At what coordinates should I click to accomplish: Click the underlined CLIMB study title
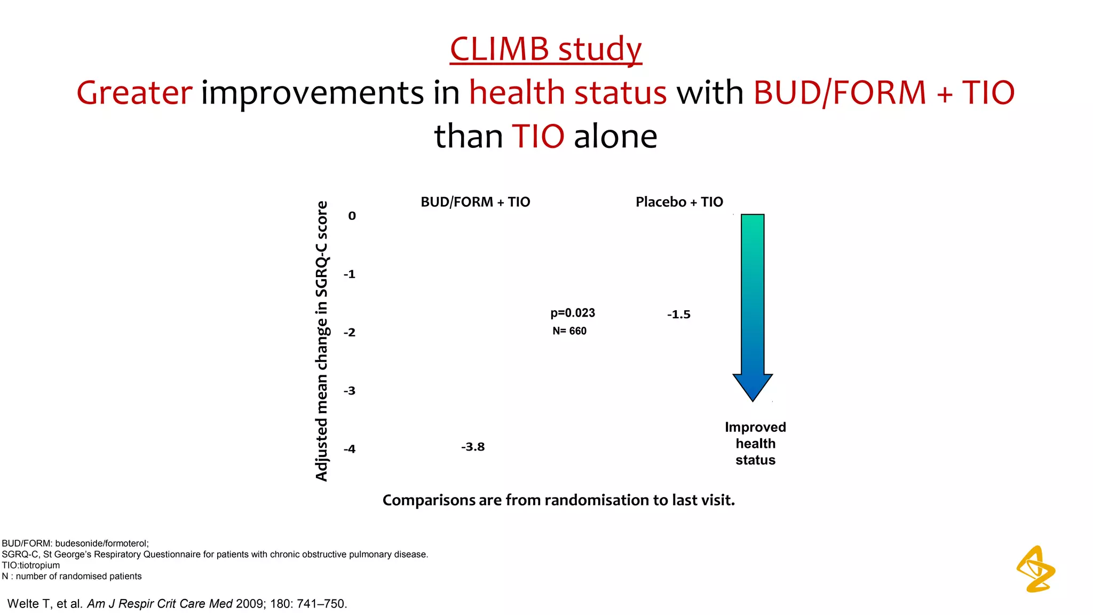click(545, 49)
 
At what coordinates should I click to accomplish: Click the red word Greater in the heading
click(134, 92)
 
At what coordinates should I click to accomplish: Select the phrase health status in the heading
click(568, 92)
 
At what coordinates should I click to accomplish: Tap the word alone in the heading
click(615, 136)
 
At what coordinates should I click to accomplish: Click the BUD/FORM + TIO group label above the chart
click(475, 202)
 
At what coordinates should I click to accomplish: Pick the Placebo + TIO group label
click(679, 202)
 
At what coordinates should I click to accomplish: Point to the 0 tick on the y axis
click(352, 216)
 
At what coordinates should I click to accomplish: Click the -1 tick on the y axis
click(350, 274)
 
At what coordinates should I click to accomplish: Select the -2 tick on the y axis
click(350, 332)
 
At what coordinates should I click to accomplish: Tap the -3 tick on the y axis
click(350, 391)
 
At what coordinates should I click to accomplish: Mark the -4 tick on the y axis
click(350, 449)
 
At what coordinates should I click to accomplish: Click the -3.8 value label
click(473, 447)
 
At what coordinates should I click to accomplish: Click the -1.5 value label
click(678, 314)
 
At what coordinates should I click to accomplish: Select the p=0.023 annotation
click(573, 313)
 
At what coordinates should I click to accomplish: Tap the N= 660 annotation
click(569, 331)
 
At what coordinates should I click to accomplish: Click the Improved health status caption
click(755, 444)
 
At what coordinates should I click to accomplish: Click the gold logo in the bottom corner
click(1035, 569)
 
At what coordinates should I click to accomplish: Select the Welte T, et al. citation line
click(177, 604)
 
